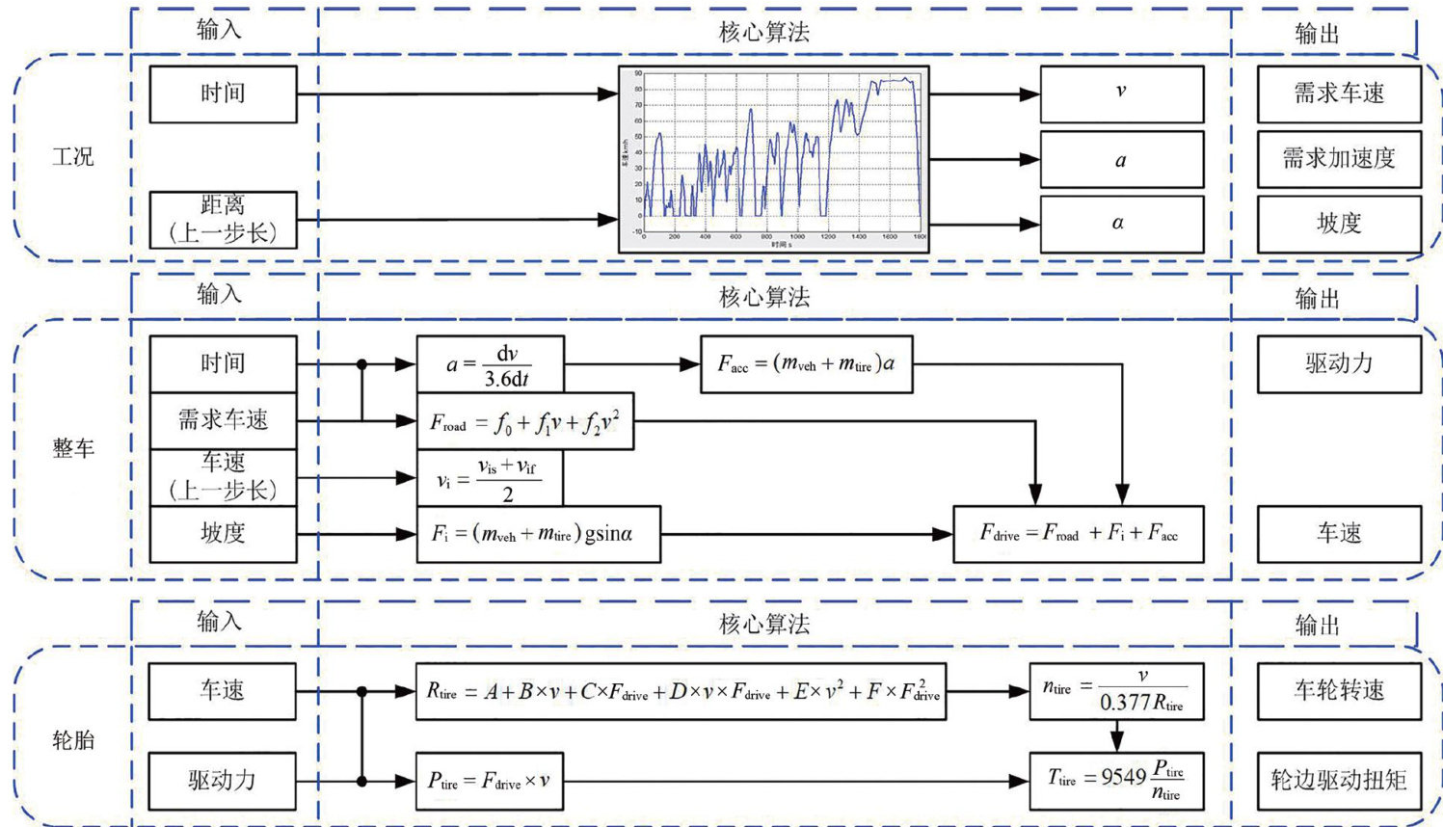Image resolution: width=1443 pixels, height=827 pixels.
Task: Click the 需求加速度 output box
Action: (x=1338, y=159)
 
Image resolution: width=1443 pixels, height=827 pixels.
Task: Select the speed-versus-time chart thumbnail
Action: (x=773, y=159)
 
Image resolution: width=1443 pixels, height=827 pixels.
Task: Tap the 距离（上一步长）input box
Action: (x=223, y=220)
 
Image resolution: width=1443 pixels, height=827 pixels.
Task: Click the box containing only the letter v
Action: (x=1121, y=93)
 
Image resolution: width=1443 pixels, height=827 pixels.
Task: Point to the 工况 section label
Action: (x=73, y=156)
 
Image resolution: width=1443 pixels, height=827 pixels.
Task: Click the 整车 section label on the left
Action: (x=73, y=448)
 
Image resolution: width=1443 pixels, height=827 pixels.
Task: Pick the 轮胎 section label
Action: (x=73, y=740)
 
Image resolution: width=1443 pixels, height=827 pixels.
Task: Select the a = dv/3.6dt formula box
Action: (x=490, y=364)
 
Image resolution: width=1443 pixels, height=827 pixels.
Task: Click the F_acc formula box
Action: (x=806, y=364)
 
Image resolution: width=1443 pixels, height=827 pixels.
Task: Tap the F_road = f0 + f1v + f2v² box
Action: (x=524, y=421)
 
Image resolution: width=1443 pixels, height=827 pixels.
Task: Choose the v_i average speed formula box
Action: (x=490, y=478)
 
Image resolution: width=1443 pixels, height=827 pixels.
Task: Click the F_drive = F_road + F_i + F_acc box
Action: (x=1078, y=533)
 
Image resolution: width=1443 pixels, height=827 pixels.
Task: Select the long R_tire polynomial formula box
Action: (x=681, y=691)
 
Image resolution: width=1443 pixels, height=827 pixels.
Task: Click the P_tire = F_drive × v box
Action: (x=490, y=781)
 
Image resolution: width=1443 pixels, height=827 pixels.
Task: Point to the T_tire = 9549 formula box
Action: (x=1116, y=781)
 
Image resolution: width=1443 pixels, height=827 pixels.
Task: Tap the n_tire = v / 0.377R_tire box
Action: (x=1116, y=691)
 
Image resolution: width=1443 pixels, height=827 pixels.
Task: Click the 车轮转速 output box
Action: (x=1338, y=691)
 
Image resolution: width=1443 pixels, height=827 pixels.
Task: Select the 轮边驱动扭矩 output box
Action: (x=1338, y=781)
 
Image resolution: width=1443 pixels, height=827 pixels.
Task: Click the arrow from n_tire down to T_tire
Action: (x=1116, y=736)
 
